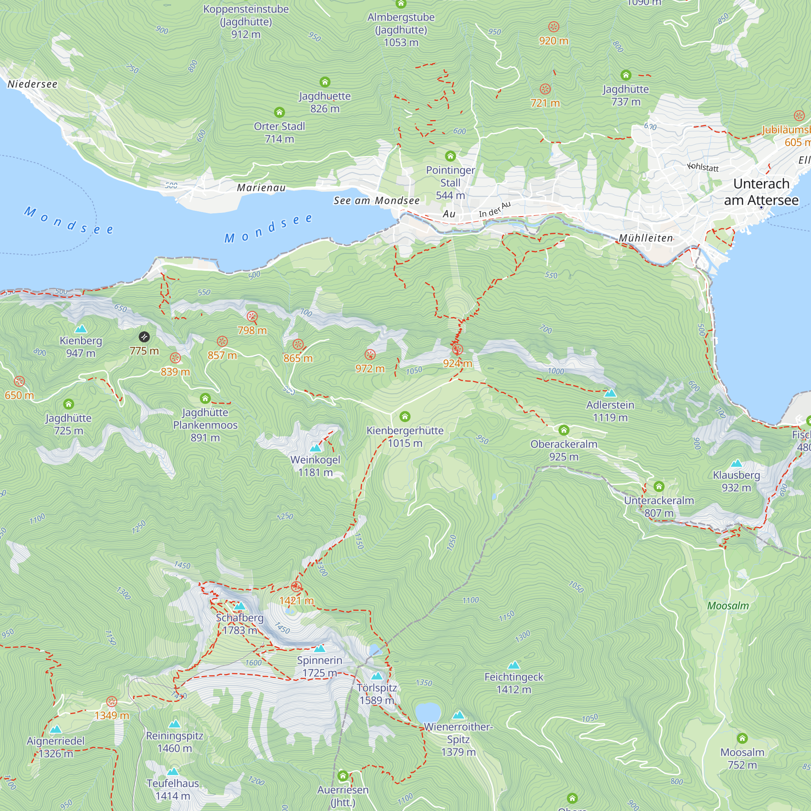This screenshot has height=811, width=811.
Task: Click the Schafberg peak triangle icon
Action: pos(240,606)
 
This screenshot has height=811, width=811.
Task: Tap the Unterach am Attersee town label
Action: pos(761,192)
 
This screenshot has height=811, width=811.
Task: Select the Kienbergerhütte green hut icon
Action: pos(405,416)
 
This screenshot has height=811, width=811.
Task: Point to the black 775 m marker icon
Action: pos(144,337)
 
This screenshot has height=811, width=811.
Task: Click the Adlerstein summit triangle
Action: pos(610,393)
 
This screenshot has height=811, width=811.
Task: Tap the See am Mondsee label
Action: pos(376,201)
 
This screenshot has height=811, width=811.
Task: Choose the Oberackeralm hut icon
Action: pos(564,430)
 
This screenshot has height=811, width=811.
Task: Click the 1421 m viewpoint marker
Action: pos(296,587)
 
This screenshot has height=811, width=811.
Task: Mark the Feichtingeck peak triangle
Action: pos(514,665)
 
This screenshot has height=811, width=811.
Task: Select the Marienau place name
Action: pos(261,188)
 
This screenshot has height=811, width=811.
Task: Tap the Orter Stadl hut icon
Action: pos(279,112)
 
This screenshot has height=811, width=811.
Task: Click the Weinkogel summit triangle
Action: pos(315,448)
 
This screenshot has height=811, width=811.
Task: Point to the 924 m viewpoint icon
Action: pos(457,349)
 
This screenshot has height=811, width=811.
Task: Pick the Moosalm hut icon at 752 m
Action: pos(742,738)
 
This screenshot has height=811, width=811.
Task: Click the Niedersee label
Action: pos(32,84)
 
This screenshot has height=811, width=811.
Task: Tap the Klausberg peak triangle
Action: pos(736,463)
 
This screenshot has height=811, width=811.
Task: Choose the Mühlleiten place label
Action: pos(646,238)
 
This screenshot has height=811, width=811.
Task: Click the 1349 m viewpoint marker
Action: pos(112,702)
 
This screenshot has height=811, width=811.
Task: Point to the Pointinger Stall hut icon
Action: pos(451,156)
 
